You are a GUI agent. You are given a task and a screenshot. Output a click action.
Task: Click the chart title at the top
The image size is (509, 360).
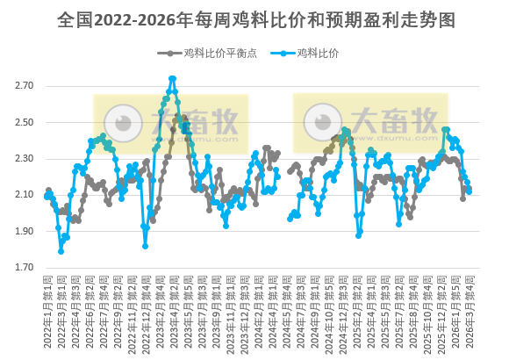pyautogui.click(x=254, y=18)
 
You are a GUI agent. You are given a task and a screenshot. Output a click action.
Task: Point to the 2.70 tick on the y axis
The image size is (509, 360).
pyautogui.click(x=24, y=86)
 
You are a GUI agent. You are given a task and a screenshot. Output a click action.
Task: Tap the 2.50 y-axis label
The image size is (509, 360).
pyautogui.click(x=24, y=122)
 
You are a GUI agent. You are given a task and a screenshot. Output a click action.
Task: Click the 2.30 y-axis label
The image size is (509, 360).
pyautogui.click(x=24, y=159)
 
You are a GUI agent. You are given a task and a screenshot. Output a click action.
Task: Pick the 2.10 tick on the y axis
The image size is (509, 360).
pyautogui.click(x=24, y=195)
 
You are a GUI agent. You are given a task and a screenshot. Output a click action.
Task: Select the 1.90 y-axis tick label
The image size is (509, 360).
pyautogui.click(x=24, y=231)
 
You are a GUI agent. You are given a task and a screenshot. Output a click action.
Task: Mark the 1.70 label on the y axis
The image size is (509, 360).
pyautogui.click(x=24, y=268)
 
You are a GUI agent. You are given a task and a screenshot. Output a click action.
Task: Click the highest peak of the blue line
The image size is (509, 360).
pyautogui.click(x=173, y=78)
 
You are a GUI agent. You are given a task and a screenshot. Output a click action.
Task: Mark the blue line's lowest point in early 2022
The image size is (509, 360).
pyautogui.click(x=61, y=251)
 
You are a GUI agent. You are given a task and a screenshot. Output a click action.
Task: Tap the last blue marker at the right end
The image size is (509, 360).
pyautogui.click(x=470, y=190)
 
